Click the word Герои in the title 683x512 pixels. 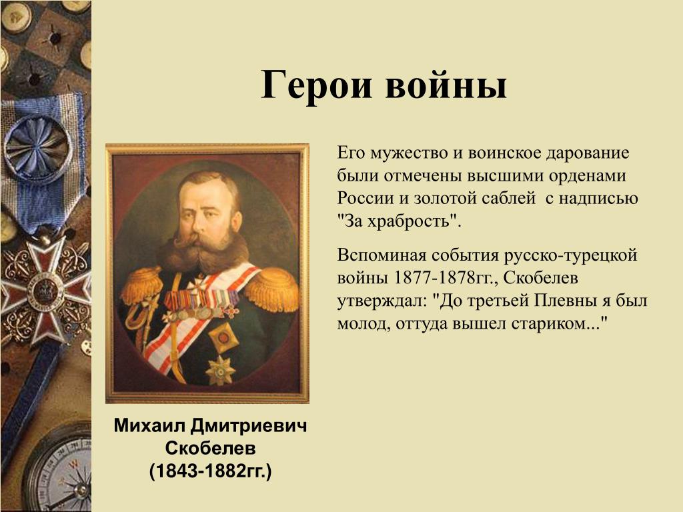pos(317,85)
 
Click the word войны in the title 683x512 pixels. pos(446,85)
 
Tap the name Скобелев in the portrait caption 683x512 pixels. pos(210,448)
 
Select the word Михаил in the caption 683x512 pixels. pos(149,425)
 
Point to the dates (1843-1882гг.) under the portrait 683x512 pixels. pos(210,471)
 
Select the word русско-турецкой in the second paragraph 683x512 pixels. pos(571,255)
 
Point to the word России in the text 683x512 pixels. pos(365,199)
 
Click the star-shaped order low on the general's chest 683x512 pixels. pos(220,370)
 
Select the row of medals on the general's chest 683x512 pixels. pos(200,303)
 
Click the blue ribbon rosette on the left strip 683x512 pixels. pos(38,147)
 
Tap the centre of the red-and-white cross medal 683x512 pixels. pos(43,290)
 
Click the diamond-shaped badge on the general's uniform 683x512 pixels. pos(224,337)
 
